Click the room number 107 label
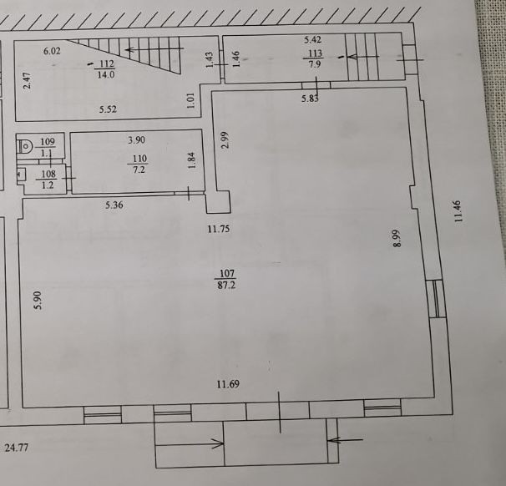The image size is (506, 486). pyautogui.click(x=227, y=273)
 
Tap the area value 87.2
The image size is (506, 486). pyautogui.click(x=226, y=285)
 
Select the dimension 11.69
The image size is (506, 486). pyautogui.click(x=228, y=384)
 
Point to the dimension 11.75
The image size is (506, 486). pyautogui.click(x=219, y=229)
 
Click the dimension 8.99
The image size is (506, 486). pyautogui.click(x=397, y=238)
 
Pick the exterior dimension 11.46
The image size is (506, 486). pyautogui.click(x=458, y=211)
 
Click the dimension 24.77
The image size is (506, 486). pyautogui.click(x=17, y=448)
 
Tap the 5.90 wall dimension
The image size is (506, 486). pyautogui.click(x=38, y=300)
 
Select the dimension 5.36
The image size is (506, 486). pyautogui.click(x=114, y=205)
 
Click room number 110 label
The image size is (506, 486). pyautogui.click(x=139, y=159)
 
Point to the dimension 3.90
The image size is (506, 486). pyautogui.click(x=136, y=140)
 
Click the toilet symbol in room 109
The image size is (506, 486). pyautogui.click(x=23, y=146)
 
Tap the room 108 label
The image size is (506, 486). pyautogui.click(x=48, y=174)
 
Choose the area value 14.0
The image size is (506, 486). pyautogui.click(x=106, y=75)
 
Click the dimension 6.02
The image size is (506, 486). pyautogui.click(x=52, y=51)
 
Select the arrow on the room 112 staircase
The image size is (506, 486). pyautogui.click(x=154, y=50)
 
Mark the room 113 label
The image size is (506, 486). pyautogui.click(x=316, y=53)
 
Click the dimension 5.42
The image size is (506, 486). pyautogui.click(x=312, y=40)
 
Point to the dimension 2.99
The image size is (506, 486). pyautogui.click(x=225, y=139)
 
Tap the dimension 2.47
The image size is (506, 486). pyautogui.click(x=27, y=81)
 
